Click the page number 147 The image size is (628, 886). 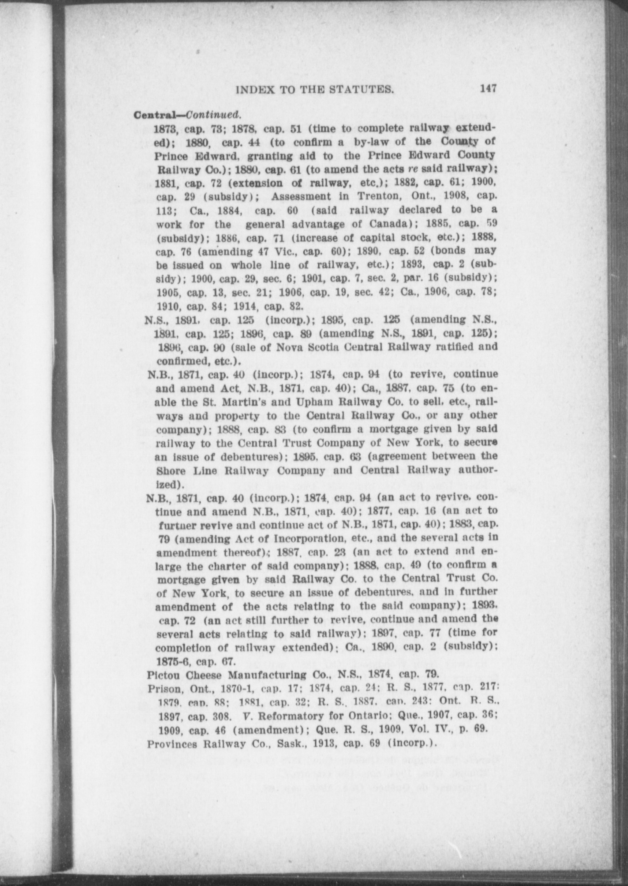pyautogui.click(x=489, y=89)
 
